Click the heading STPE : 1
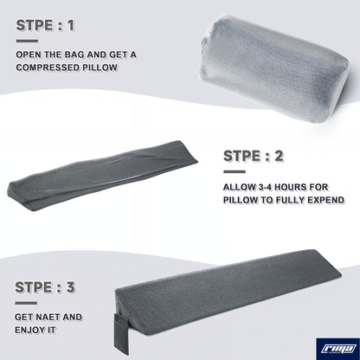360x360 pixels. coord(45,25)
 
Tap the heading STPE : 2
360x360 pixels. coord(254,156)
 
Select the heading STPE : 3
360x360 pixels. coord(45,287)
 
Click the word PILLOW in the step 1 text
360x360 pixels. coord(100,67)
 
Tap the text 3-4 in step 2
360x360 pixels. coord(265,187)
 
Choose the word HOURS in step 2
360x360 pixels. coord(290,187)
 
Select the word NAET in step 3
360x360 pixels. coord(47,317)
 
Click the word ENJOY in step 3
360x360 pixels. coord(29,330)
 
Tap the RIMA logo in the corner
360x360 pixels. coord(337,349)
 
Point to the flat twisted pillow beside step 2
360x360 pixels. coord(102,176)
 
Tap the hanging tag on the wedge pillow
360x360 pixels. coord(121,334)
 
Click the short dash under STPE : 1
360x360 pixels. coord(27,41)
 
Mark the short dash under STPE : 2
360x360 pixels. coord(235,171)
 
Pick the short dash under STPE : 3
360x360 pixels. coord(26,303)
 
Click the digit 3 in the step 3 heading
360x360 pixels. coord(70,287)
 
